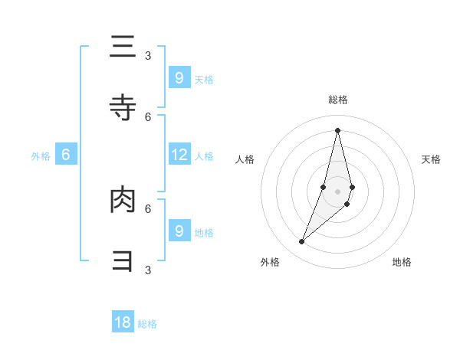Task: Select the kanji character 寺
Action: click(123, 108)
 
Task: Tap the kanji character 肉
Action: click(123, 201)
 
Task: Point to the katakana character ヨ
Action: click(123, 261)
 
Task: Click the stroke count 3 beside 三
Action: click(148, 55)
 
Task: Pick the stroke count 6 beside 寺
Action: click(148, 116)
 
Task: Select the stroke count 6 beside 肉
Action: click(148, 208)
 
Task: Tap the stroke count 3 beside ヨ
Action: click(148, 270)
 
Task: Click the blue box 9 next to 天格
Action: click(179, 77)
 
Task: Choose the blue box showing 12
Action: click(179, 155)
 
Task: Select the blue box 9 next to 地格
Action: click(179, 231)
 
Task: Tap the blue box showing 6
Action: click(66, 155)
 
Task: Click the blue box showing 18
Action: click(123, 322)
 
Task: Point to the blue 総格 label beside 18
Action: click(147, 324)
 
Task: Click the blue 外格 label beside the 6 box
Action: click(41, 156)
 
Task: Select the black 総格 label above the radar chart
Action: click(337, 100)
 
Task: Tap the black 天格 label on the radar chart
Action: click(431, 159)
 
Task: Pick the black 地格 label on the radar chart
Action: click(402, 262)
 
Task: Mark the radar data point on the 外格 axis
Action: click(302, 242)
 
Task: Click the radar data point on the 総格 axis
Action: click(337, 130)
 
